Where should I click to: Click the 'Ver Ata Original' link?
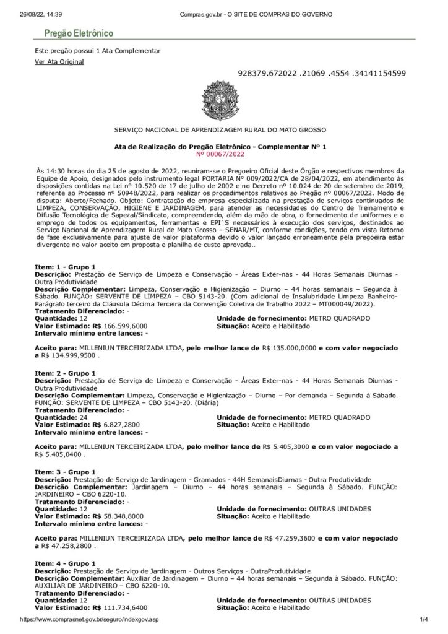pyautogui.click(x=59, y=62)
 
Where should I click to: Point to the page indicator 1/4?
pyautogui.click(x=424, y=620)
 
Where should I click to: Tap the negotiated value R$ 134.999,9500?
pyautogui.click(x=69, y=357)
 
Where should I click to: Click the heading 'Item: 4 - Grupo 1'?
pyautogui.click(x=65, y=563)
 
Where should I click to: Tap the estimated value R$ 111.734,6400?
pyautogui.click(x=120, y=608)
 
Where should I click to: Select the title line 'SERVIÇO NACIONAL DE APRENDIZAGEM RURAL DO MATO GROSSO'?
pyautogui.click(x=224, y=129)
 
